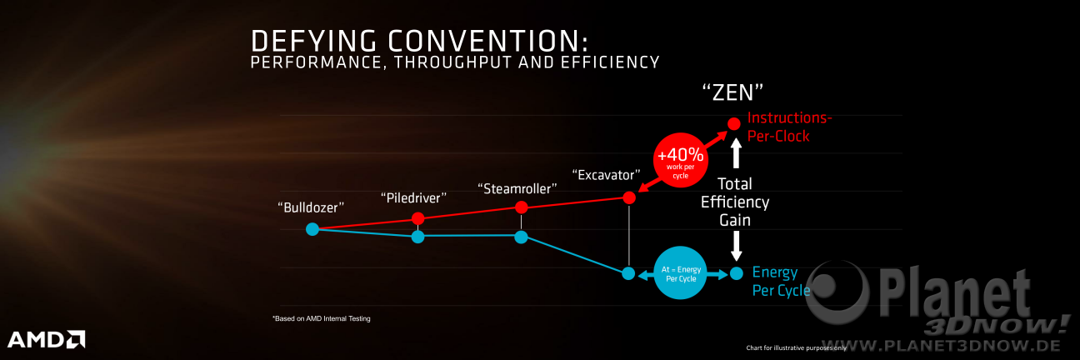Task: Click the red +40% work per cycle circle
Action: pyautogui.click(x=680, y=160)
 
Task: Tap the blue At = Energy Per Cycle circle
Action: pyautogui.click(x=680, y=273)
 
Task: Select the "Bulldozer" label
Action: pyautogui.click(x=311, y=207)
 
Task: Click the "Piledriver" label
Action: pyautogui.click(x=413, y=198)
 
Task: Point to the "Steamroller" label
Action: pyautogui.click(x=517, y=189)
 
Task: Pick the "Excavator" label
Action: pyautogui.click(x=606, y=175)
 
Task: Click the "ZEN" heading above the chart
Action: pyautogui.click(x=732, y=92)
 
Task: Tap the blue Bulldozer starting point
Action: pyautogui.click(x=312, y=229)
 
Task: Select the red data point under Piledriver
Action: pyautogui.click(x=418, y=219)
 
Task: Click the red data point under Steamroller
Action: pyautogui.click(x=521, y=207)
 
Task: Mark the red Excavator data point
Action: pyautogui.click(x=629, y=197)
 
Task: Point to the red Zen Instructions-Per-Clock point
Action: pyautogui.click(x=734, y=124)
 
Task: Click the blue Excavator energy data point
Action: pyautogui.click(x=628, y=273)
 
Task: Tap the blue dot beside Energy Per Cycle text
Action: pyautogui.click(x=736, y=273)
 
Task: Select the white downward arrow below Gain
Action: pyautogui.click(x=736, y=246)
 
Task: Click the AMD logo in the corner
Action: pyautogui.click(x=47, y=339)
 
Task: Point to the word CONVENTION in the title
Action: pyautogui.click(x=488, y=41)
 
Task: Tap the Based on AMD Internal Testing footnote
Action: pyautogui.click(x=322, y=318)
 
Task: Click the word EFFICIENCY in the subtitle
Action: pyautogui.click(x=610, y=62)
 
